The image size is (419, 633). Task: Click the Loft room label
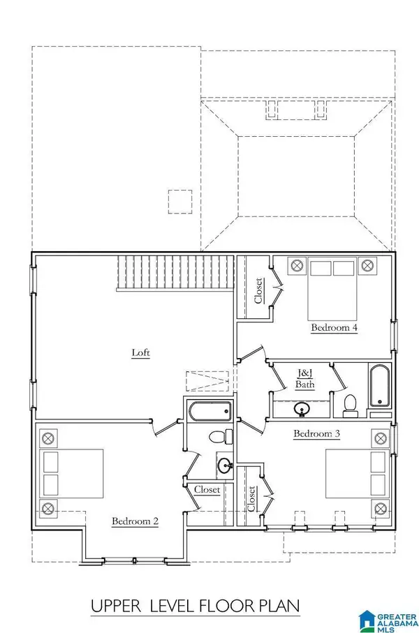(x=141, y=352)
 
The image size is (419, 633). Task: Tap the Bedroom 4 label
(x=335, y=327)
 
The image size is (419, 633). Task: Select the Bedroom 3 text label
(x=316, y=434)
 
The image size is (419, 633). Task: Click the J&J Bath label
(x=304, y=378)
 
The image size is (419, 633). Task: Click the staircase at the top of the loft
(x=174, y=272)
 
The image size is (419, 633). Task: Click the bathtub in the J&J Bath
(x=379, y=387)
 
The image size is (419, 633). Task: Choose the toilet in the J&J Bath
(x=350, y=405)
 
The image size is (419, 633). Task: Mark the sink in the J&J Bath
(x=302, y=409)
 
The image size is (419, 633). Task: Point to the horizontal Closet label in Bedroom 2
(x=207, y=490)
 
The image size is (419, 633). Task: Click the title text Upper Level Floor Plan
(x=196, y=606)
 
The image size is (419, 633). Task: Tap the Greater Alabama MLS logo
(x=387, y=618)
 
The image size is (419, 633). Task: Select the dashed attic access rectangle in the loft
(x=207, y=382)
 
